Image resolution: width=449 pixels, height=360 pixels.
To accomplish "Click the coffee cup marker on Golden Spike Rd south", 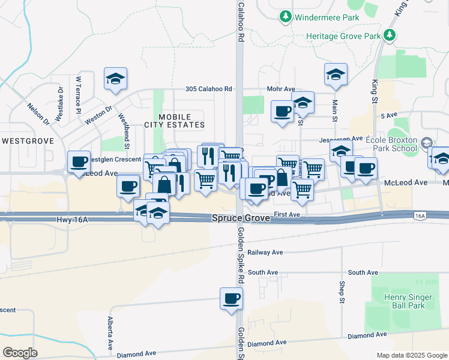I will tap(231, 298).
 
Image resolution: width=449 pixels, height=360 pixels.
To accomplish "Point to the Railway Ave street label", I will tap(265, 253).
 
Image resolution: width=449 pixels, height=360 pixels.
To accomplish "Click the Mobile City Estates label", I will tap(175, 121).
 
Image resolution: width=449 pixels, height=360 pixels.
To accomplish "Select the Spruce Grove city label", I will tap(241, 219).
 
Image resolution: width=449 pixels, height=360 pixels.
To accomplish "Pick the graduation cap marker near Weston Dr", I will tap(115, 79).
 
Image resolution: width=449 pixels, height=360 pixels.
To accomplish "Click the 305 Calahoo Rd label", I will tap(208, 89).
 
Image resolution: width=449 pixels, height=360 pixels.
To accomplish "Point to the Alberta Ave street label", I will tap(110, 334).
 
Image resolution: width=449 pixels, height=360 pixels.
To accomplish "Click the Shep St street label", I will tap(341, 290).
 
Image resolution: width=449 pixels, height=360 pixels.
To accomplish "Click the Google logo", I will tap(20, 353).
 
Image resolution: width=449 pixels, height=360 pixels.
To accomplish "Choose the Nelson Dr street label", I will tap(38, 114).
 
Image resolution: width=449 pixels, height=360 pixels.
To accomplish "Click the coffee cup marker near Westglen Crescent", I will tap(79, 161).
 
